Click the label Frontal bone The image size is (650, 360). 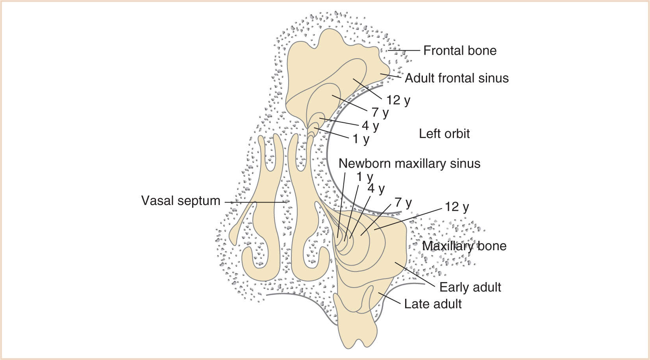click(x=459, y=51)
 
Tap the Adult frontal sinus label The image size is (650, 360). click(x=456, y=78)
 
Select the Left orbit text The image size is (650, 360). click(x=444, y=134)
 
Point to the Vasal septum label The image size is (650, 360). click(x=181, y=201)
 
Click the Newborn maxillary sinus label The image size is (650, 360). click(x=409, y=164)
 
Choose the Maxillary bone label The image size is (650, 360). click(x=464, y=246)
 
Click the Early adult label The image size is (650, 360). click(x=470, y=287)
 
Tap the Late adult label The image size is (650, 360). click(x=433, y=304)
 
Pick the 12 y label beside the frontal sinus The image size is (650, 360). click(x=398, y=100)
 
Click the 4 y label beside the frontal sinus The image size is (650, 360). click(x=370, y=126)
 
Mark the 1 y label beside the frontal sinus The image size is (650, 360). click(x=361, y=139)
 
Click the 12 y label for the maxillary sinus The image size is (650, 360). click(x=457, y=207)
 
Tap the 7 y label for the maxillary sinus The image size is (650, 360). click(x=403, y=203)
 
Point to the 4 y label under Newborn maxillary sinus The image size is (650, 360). click(x=376, y=189)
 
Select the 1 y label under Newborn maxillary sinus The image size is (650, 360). click(x=365, y=177)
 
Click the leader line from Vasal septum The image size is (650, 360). click(x=256, y=202)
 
